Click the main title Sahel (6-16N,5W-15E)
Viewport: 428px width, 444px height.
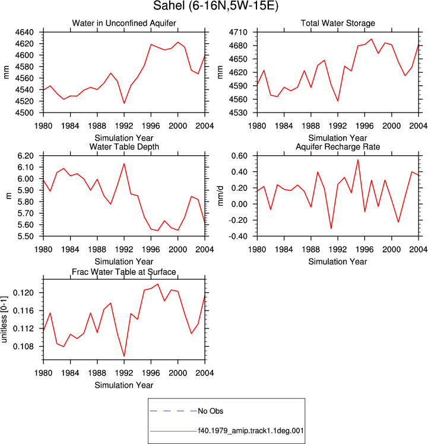(x=216, y=6)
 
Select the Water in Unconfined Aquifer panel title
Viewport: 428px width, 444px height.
(x=124, y=23)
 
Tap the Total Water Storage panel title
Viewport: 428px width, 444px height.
(x=338, y=23)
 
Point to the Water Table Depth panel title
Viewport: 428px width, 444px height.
(x=124, y=146)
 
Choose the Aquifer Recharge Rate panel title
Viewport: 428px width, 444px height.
(x=338, y=146)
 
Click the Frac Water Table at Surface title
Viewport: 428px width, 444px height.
(x=124, y=272)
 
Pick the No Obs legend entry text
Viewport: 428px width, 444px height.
(x=211, y=411)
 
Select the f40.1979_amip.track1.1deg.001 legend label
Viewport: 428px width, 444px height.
(x=251, y=431)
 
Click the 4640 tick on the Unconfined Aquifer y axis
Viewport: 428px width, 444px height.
(x=24, y=32)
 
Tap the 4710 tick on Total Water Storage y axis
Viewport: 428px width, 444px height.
(x=238, y=32)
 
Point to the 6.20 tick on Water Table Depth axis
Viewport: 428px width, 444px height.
(x=26, y=156)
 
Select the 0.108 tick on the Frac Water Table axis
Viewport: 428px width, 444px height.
(x=23, y=346)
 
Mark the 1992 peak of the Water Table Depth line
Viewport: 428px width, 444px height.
(x=124, y=164)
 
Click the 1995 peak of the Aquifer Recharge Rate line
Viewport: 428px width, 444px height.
(x=358, y=159)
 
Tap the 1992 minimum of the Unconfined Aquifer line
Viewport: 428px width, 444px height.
(x=124, y=103)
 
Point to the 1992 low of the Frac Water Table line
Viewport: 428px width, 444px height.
(x=124, y=356)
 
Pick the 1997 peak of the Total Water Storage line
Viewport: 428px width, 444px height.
(x=372, y=39)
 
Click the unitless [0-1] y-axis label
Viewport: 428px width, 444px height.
(x=4, y=320)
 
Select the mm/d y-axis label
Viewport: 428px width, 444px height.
(x=220, y=196)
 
